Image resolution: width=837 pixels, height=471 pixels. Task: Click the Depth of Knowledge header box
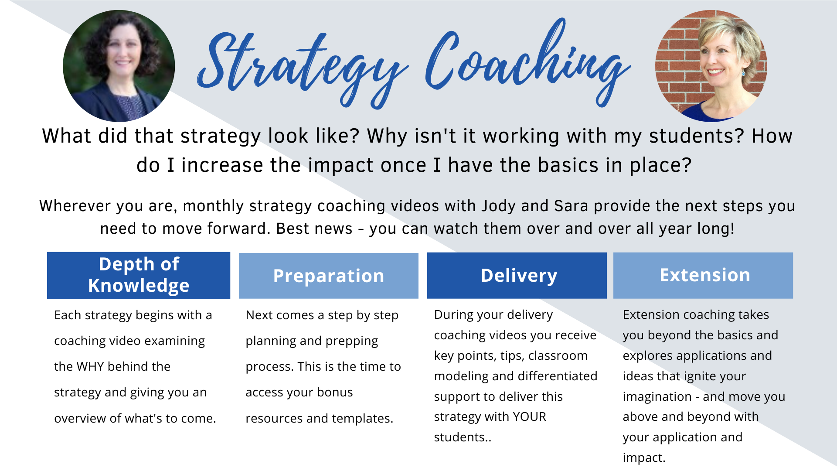(139, 275)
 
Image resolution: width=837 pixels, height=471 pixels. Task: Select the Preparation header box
(329, 276)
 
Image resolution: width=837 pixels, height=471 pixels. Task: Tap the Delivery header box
(517, 275)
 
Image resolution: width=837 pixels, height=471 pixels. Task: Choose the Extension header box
(703, 275)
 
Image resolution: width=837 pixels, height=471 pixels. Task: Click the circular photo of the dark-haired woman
(119, 66)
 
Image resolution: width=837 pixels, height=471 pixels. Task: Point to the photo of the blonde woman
(711, 66)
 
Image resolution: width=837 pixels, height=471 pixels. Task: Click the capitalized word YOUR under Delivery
(530, 416)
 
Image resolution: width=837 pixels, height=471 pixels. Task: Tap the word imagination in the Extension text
(657, 397)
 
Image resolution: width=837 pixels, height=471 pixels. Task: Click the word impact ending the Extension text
(644, 458)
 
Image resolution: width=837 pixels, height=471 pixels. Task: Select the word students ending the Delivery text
(463, 437)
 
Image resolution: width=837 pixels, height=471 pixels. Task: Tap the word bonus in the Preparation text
(335, 392)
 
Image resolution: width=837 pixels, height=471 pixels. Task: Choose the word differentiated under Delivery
(558, 376)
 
